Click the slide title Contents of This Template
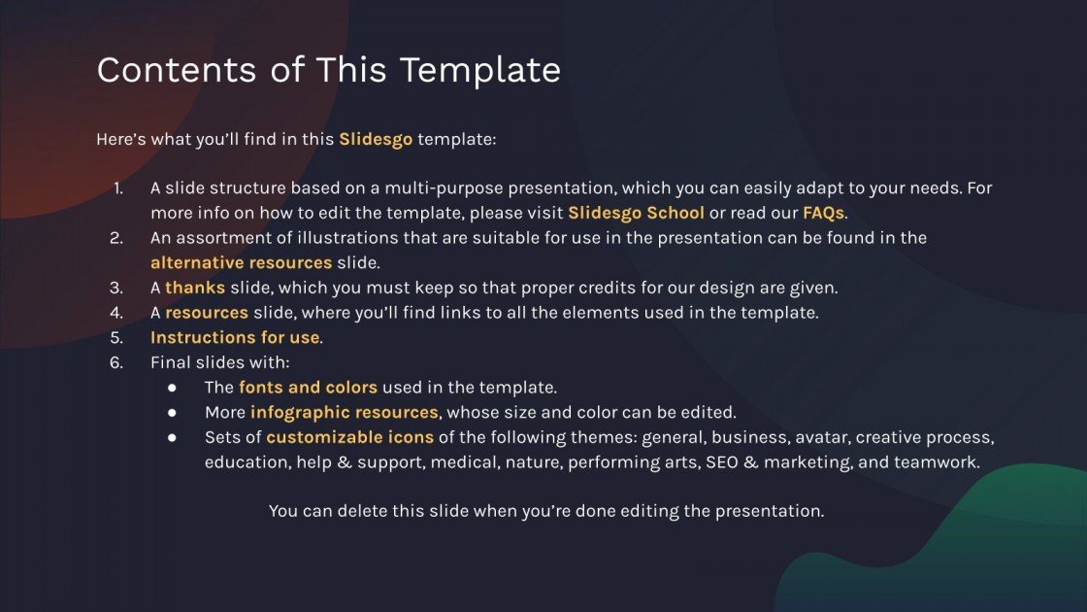point(328,70)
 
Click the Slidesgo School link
point(636,212)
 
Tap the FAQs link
point(823,212)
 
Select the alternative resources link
point(241,262)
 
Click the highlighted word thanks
point(195,288)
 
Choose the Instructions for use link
point(234,338)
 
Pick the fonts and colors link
point(308,388)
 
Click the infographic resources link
point(344,413)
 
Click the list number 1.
point(117,187)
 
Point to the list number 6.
point(117,362)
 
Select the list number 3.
point(117,288)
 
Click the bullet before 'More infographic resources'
point(172,413)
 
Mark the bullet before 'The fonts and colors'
point(172,388)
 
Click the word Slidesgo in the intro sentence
point(376,139)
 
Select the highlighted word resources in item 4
point(207,313)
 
